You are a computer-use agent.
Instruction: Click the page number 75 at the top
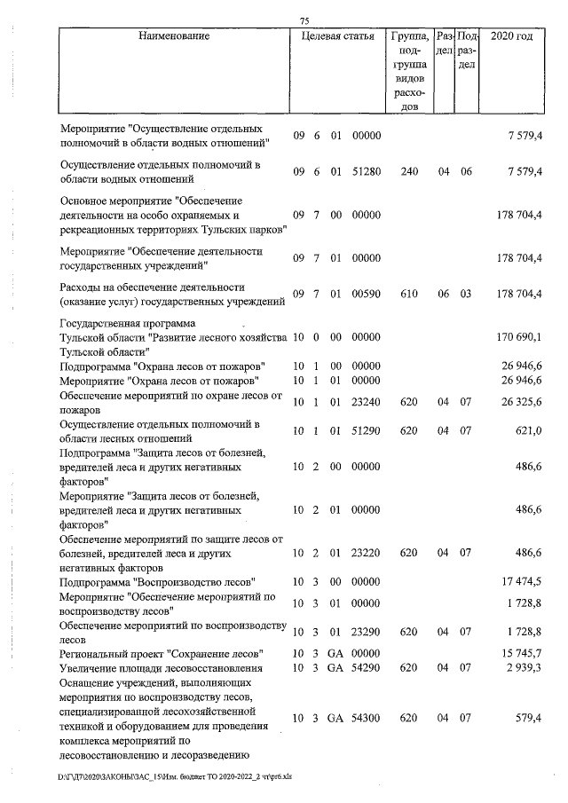[x=304, y=20]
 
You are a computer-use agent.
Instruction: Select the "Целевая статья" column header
[x=337, y=36]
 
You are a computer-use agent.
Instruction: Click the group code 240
[x=408, y=171]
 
